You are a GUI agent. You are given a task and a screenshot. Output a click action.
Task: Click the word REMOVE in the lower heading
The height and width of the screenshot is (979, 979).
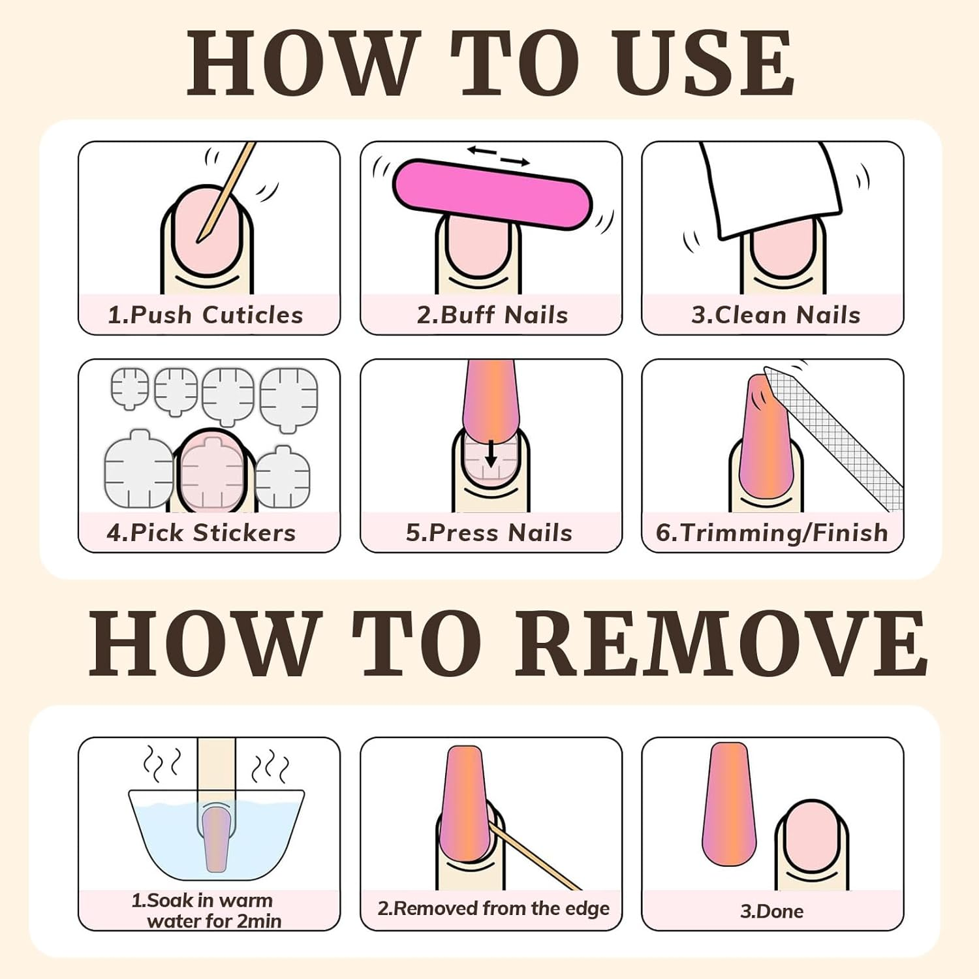click(721, 644)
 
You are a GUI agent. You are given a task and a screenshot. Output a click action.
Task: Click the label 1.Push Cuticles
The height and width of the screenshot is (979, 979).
click(206, 315)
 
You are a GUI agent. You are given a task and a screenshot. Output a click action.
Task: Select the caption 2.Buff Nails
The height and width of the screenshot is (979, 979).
click(492, 315)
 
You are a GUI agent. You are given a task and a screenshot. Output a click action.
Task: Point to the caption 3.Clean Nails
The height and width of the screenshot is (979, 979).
click(776, 315)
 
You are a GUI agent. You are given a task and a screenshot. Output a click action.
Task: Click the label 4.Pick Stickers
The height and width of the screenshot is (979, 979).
click(201, 533)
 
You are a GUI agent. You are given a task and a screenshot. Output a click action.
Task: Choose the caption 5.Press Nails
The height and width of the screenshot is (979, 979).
click(489, 533)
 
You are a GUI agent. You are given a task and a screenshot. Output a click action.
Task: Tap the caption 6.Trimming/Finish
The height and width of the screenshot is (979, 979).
click(772, 533)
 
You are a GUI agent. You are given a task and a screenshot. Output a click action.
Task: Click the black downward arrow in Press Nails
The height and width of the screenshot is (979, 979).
click(491, 453)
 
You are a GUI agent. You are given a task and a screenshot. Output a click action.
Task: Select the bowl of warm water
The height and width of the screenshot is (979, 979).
click(216, 839)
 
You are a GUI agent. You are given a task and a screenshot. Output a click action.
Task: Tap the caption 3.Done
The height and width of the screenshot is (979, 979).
click(771, 911)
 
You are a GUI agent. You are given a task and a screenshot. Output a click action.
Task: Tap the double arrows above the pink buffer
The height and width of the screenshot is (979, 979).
click(499, 157)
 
